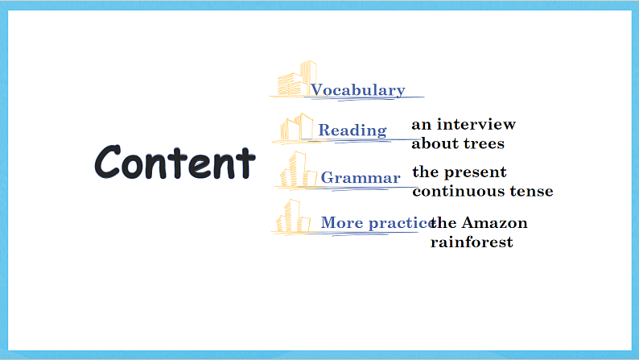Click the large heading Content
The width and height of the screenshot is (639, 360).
pos(175,162)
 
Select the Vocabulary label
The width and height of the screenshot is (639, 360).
pos(358,90)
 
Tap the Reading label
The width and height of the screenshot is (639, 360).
pos(352,130)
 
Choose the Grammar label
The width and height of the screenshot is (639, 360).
pos(361,178)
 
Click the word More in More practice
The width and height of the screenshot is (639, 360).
pos(342,222)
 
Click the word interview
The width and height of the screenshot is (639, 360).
pos(476,124)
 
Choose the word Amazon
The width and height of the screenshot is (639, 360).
pos(494,223)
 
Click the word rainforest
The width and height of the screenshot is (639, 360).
pos(472,242)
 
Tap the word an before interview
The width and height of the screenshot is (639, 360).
pos(422,125)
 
